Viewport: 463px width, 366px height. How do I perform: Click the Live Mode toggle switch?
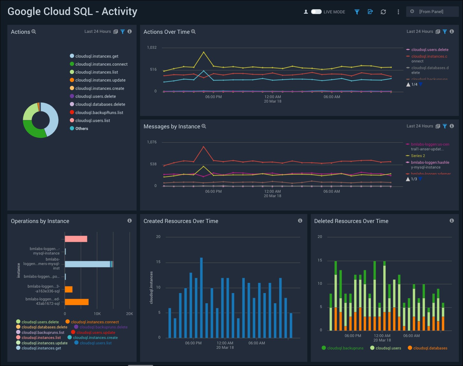pyautogui.click(x=316, y=12)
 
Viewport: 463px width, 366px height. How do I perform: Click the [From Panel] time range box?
pyautogui.click(x=432, y=12)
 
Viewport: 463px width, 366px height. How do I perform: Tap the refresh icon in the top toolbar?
pyautogui.click(x=383, y=12)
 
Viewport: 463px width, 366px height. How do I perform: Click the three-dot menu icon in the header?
pyautogui.click(x=398, y=12)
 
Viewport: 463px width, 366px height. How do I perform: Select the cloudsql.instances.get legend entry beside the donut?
pyautogui.click(x=97, y=56)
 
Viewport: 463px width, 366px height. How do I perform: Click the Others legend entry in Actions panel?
pyautogui.click(x=81, y=128)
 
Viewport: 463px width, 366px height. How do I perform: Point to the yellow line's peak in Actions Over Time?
pyautogui.click(x=204, y=52)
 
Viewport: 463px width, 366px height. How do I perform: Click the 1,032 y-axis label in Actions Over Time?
pyautogui.click(x=152, y=47)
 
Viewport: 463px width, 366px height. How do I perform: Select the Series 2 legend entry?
pyautogui.click(x=418, y=156)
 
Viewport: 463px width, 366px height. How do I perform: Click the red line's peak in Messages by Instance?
pyautogui.click(x=204, y=147)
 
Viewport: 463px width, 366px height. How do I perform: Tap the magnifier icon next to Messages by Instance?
pyautogui.click(x=204, y=126)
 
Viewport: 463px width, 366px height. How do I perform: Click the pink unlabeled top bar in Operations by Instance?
pyautogui.click(x=76, y=239)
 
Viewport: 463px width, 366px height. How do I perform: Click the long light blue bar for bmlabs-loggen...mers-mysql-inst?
pyautogui.click(x=87, y=264)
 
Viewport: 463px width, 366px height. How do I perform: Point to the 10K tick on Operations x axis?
pyautogui.click(x=97, y=314)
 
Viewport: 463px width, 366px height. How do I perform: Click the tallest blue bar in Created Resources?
pyautogui.click(x=201, y=298)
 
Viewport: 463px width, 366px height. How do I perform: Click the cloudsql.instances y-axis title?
pyautogui.click(x=151, y=288)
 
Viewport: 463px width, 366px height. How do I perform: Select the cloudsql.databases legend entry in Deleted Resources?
pyautogui.click(x=430, y=348)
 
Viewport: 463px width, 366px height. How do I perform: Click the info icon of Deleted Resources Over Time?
pyautogui.click(x=452, y=221)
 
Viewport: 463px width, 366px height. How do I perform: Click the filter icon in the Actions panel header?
pyautogui.click(x=123, y=32)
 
